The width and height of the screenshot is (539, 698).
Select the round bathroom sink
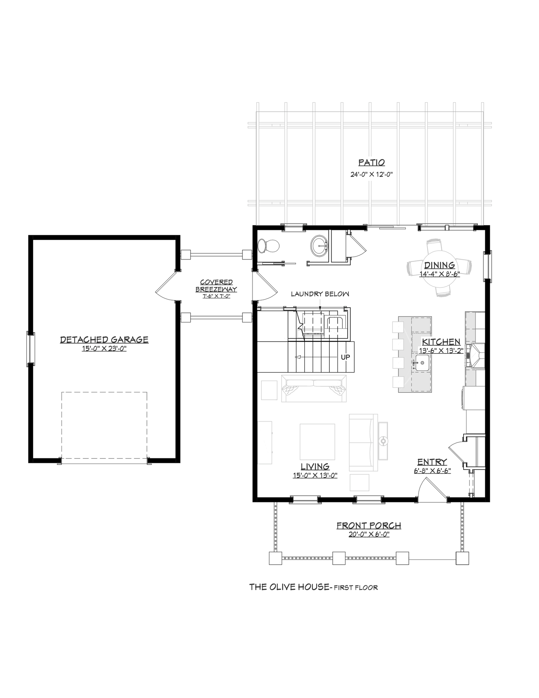point(320,246)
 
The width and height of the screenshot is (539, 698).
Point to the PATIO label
point(372,163)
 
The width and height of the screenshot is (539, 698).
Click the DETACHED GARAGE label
point(104,340)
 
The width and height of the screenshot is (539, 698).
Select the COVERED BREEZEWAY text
point(216,286)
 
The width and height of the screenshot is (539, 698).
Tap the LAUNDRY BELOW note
point(320,294)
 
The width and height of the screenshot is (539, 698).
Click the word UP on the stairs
point(345,357)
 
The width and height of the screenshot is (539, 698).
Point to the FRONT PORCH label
point(369,526)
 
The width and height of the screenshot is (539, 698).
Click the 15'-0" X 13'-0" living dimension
point(315,476)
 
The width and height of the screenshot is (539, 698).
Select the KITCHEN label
point(441,342)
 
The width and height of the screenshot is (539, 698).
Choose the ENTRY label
point(432,462)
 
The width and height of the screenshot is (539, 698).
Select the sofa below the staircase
point(314,388)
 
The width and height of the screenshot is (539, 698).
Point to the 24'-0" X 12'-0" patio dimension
point(372,174)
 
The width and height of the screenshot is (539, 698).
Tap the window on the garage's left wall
point(31,348)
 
